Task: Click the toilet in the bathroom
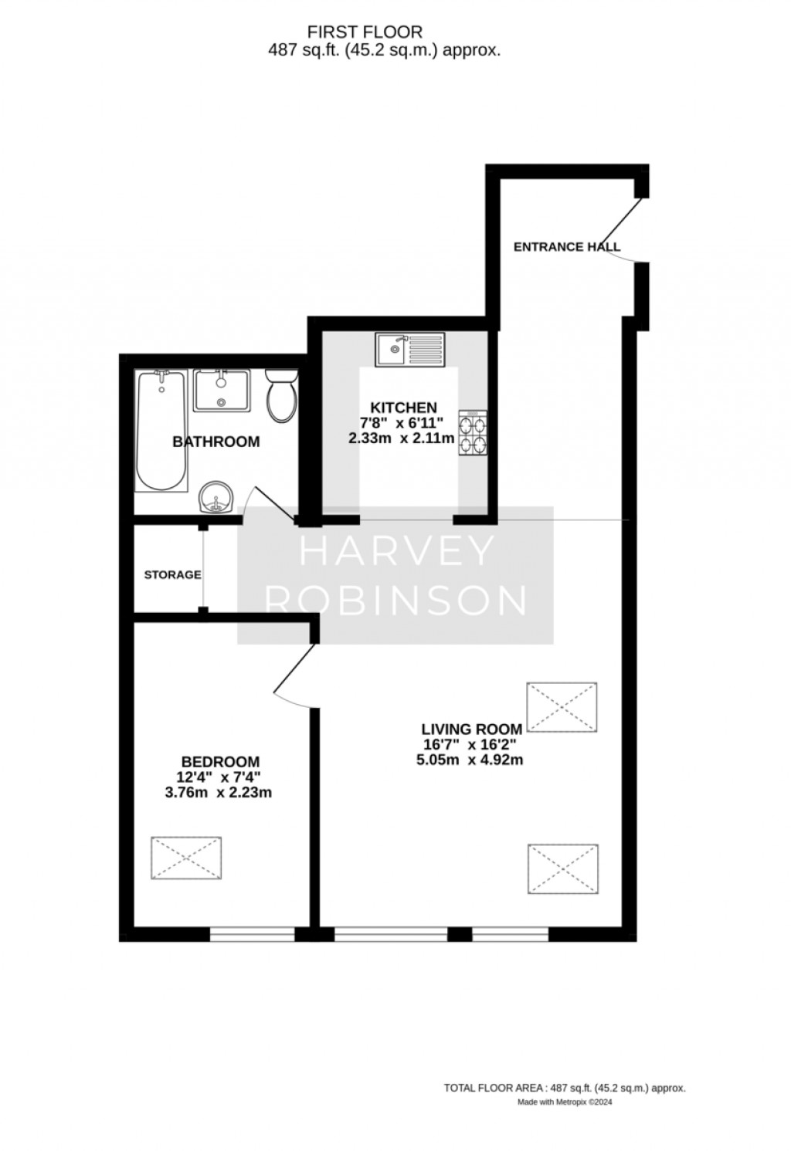click(x=282, y=395)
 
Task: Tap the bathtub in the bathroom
click(x=161, y=431)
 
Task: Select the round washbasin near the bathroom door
click(x=216, y=497)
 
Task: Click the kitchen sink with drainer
click(x=410, y=350)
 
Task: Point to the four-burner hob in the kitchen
click(x=473, y=432)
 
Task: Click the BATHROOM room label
click(x=216, y=442)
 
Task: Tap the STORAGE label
click(x=172, y=574)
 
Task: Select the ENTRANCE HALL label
click(x=567, y=247)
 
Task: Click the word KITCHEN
click(x=404, y=408)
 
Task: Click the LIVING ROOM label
click(x=472, y=730)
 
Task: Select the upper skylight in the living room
click(x=562, y=707)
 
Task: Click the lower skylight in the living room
click(x=562, y=869)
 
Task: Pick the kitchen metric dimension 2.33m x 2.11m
click(x=401, y=438)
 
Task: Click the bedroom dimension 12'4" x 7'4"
click(x=219, y=777)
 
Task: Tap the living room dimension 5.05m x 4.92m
click(x=470, y=760)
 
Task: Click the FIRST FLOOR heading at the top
click(x=365, y=32)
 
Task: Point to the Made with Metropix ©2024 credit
click(x=565, y=1102)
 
